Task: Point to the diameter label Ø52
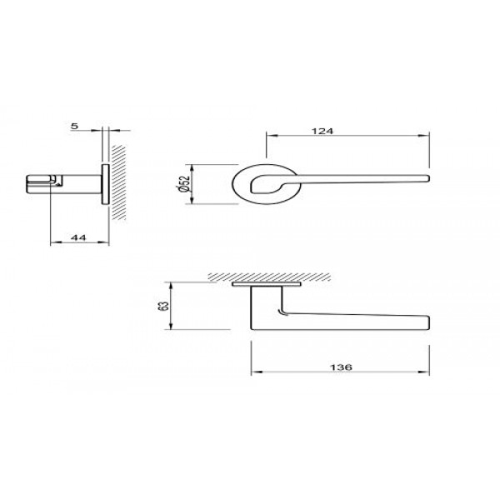[x=184, y=183]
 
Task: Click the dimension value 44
[x=78, y=237]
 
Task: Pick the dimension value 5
[x=75, y=127]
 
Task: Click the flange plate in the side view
[x=104, y=183]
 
